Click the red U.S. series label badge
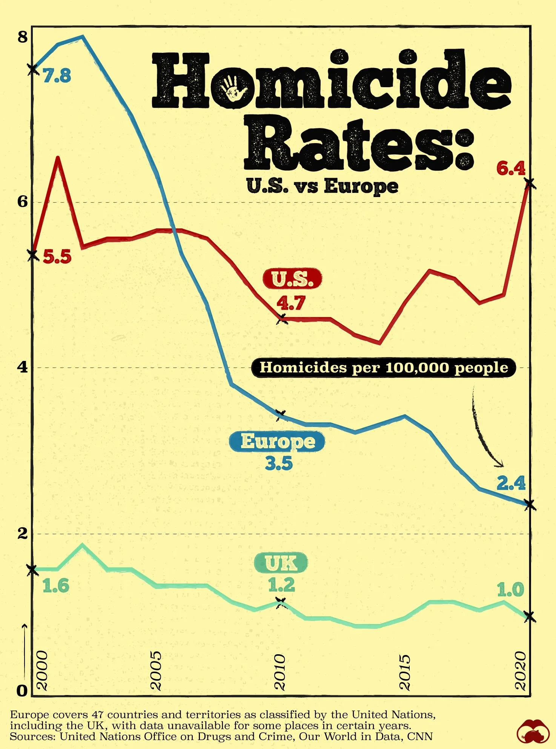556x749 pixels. [x=292, y=279]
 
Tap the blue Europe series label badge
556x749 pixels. [x=277, y=441]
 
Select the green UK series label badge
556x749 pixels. [x=281, y=563]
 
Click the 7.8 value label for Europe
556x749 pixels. [x=57, y=76]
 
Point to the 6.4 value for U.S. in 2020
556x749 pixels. [x=511, y=168]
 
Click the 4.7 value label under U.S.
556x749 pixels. [x=291, y=303]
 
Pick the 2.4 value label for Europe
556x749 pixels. [x=511, y=483]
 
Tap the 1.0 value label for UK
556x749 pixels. [x=510, y=590]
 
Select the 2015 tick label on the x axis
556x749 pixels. [x=404, y=672]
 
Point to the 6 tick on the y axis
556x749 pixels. [x=23, y=202]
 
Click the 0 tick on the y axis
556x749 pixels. [x=22, y=691]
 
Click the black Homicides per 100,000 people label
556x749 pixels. [x=384, y=368]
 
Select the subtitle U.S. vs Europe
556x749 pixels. [x=322, y=186]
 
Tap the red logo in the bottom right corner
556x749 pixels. [x=533, y=732]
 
